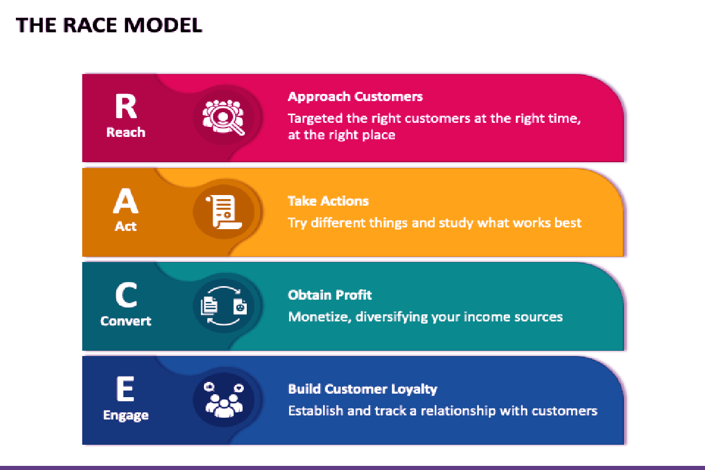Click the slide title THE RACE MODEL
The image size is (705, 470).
pyautogui.click(x=109, y=25)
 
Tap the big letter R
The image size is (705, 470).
pyautogui.click(x=126, y=106)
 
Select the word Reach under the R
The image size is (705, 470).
pyautogui.click(x=126, y=132)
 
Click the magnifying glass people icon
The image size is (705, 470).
pyautogui.click(x=223, y=117)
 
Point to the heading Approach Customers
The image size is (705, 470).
pyautogui.click(x=355, y=97)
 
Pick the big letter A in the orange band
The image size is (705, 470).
pyautogui.click(x=126, y=200)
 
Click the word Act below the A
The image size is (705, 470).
pyautogui.click(x=126, y=226)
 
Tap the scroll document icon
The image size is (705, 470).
pyautogui.click(x=224, y=212)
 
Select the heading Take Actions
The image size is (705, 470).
pyautogui.click(x=328, y=201)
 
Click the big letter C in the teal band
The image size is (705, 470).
pyautogui.click(x=126, y=295)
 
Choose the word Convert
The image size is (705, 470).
pyautogui.click(x=126, y=321)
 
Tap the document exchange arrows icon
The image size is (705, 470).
pyautogui.click(x=224, y=305)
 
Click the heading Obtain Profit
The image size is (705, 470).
pyautogui.click(x=330, y=295)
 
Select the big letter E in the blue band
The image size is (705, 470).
pyautogui.click(x=125, y=389)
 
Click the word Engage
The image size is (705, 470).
pyautogui.click(x=126, y=415)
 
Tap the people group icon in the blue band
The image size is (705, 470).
pyautogui.click(x=224, y=400)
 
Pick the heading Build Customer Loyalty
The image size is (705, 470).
pyautogui.click(x=363, y=390)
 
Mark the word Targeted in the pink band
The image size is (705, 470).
pyautogui.click(x=315, y=119)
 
